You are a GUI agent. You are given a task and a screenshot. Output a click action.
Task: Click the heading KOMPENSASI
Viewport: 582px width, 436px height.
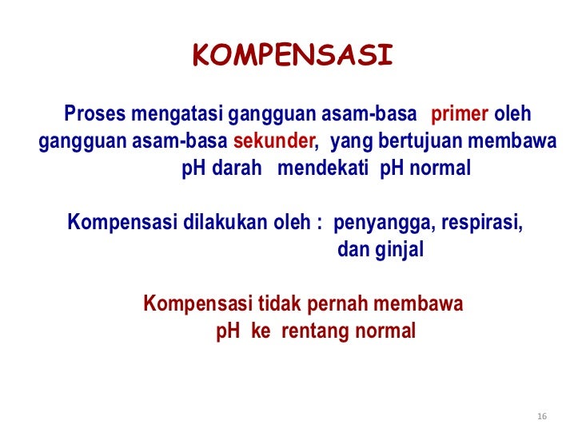[293, 56]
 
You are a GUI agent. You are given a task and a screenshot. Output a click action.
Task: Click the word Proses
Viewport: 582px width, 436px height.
[93, 114]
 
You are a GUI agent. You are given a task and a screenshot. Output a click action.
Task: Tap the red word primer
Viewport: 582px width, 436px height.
[460, 114]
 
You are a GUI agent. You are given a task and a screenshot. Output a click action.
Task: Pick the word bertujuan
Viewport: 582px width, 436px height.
[409, 142]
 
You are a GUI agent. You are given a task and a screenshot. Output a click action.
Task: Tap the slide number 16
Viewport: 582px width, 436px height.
[543, 417]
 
